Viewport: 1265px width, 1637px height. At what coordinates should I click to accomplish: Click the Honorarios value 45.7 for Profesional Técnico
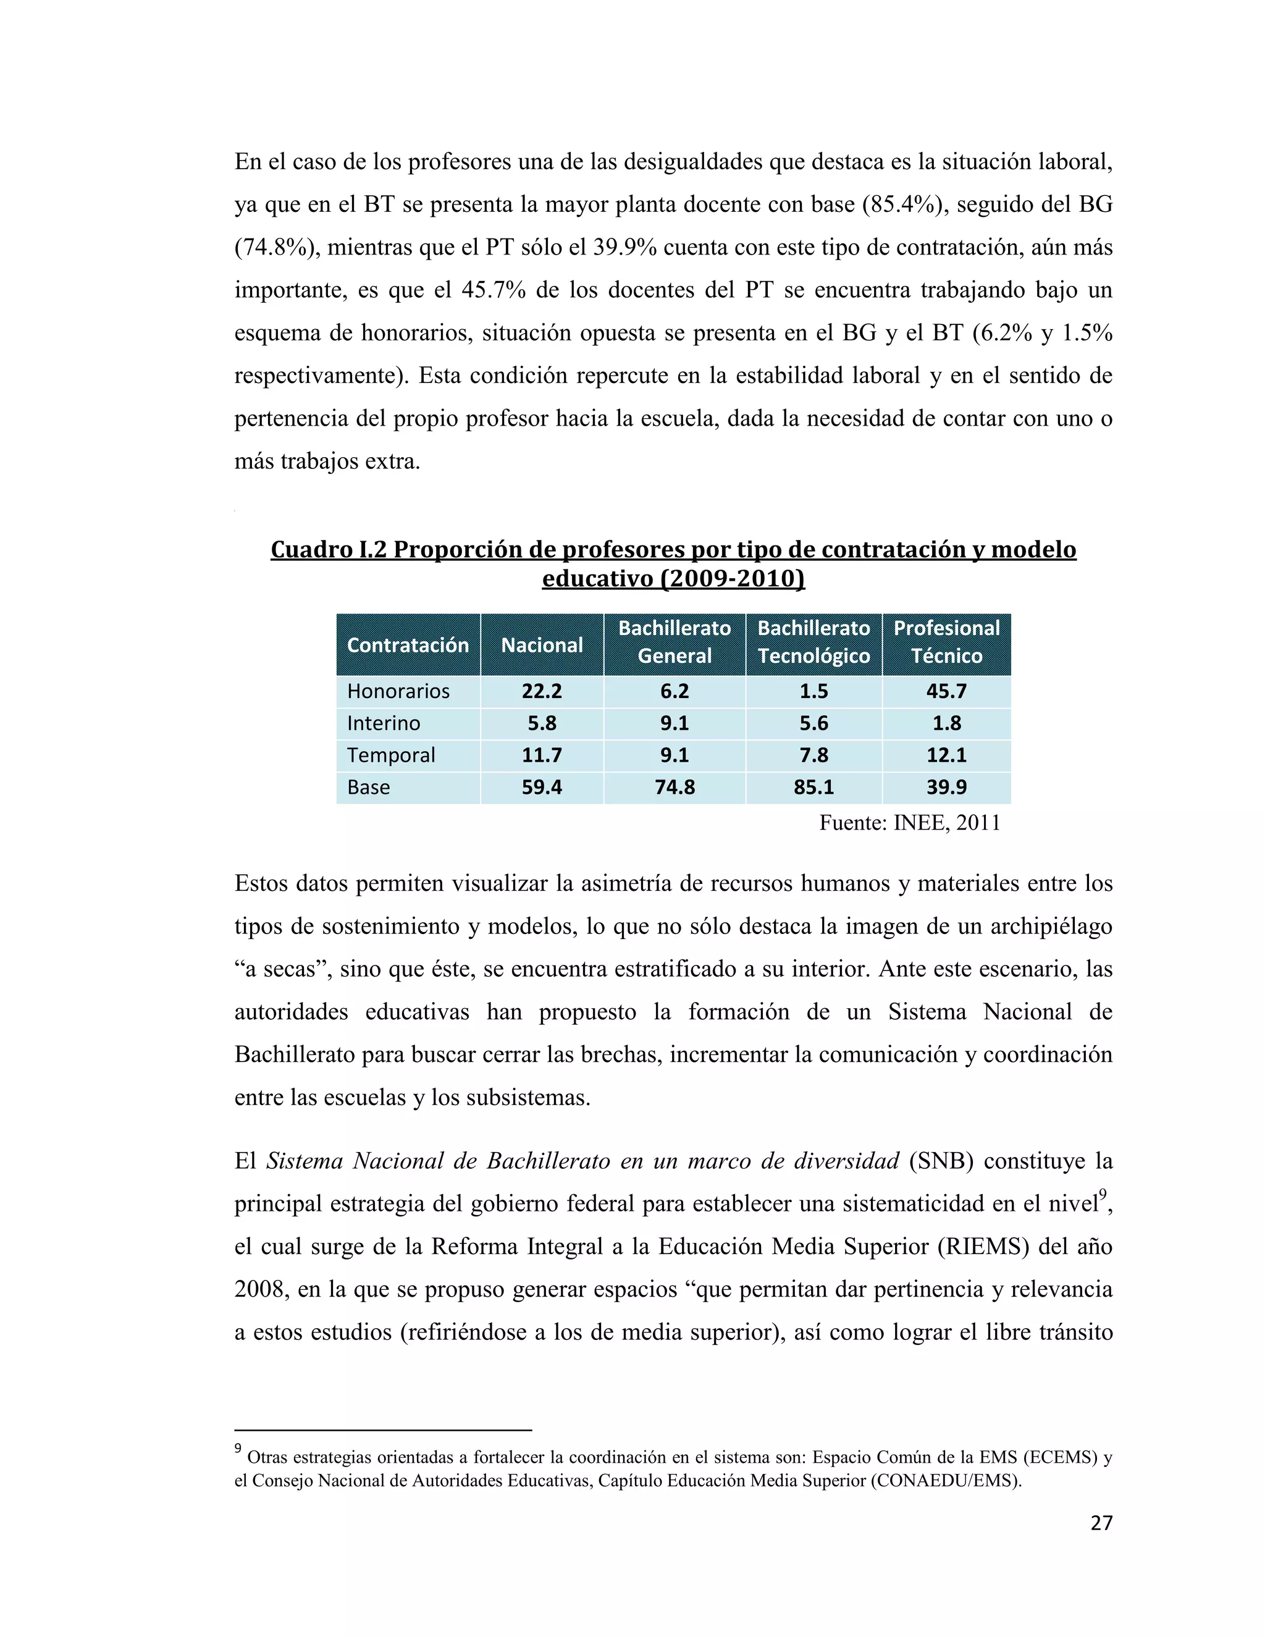(946, 691)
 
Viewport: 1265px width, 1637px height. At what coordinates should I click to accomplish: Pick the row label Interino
(384, 723)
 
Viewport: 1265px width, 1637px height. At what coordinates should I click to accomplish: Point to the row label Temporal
(390, 755)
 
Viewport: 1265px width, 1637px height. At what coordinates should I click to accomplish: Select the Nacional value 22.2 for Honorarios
(541, 691)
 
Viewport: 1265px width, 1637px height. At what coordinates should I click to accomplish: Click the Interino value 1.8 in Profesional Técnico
(946, 723)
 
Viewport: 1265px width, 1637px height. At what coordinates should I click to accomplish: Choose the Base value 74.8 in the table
(675, 787)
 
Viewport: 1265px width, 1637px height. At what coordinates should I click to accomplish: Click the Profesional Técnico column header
(946, 642)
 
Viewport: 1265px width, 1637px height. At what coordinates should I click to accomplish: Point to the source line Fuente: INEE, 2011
(909, 823)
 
